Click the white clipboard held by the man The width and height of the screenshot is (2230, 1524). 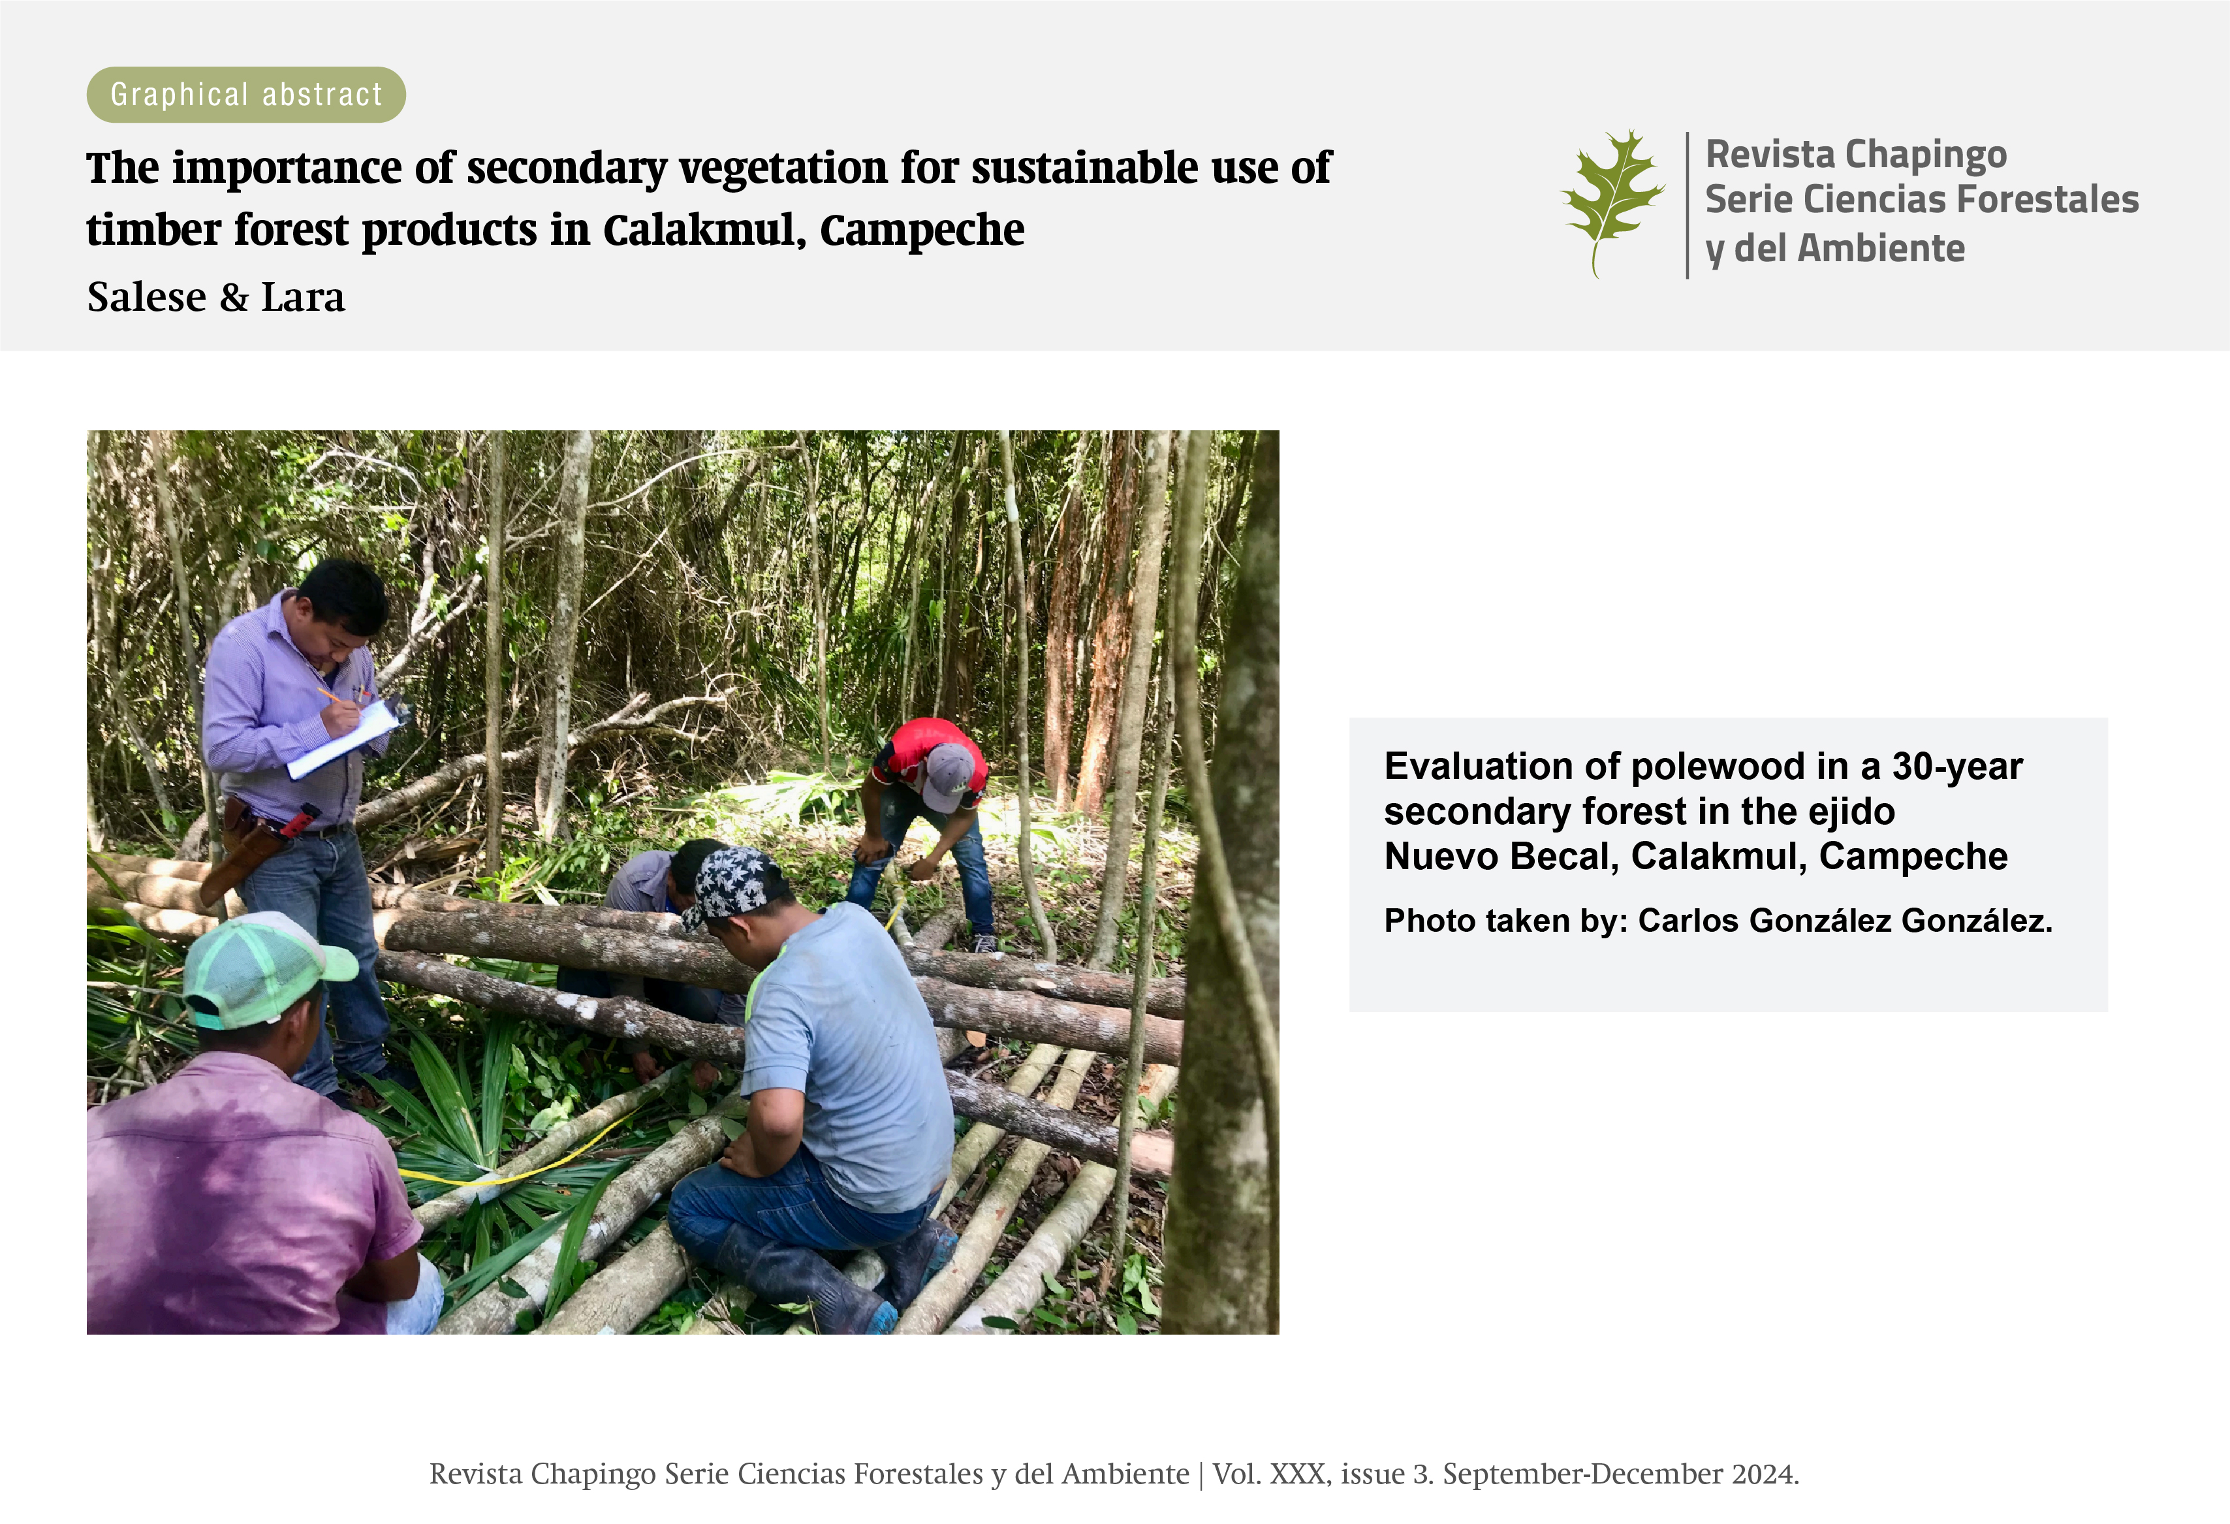coord(345,737)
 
